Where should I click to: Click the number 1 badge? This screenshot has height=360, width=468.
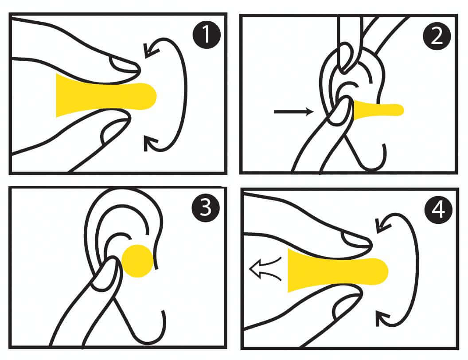(207, 34)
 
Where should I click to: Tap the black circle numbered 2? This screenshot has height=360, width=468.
(437, 36)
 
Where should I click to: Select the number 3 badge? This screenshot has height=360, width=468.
(206, 207)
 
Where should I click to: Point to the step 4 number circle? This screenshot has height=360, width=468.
(438, 210)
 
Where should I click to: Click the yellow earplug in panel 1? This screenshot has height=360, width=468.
(105, 95)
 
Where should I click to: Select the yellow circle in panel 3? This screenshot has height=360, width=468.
(138, 261)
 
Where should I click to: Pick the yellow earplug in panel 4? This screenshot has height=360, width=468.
(337, 270)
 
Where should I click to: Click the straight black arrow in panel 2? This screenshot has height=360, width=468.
(294, 112)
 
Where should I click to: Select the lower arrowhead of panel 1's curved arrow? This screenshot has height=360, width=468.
(151, 143)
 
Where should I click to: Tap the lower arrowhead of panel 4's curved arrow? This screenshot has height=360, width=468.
(382, 318)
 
